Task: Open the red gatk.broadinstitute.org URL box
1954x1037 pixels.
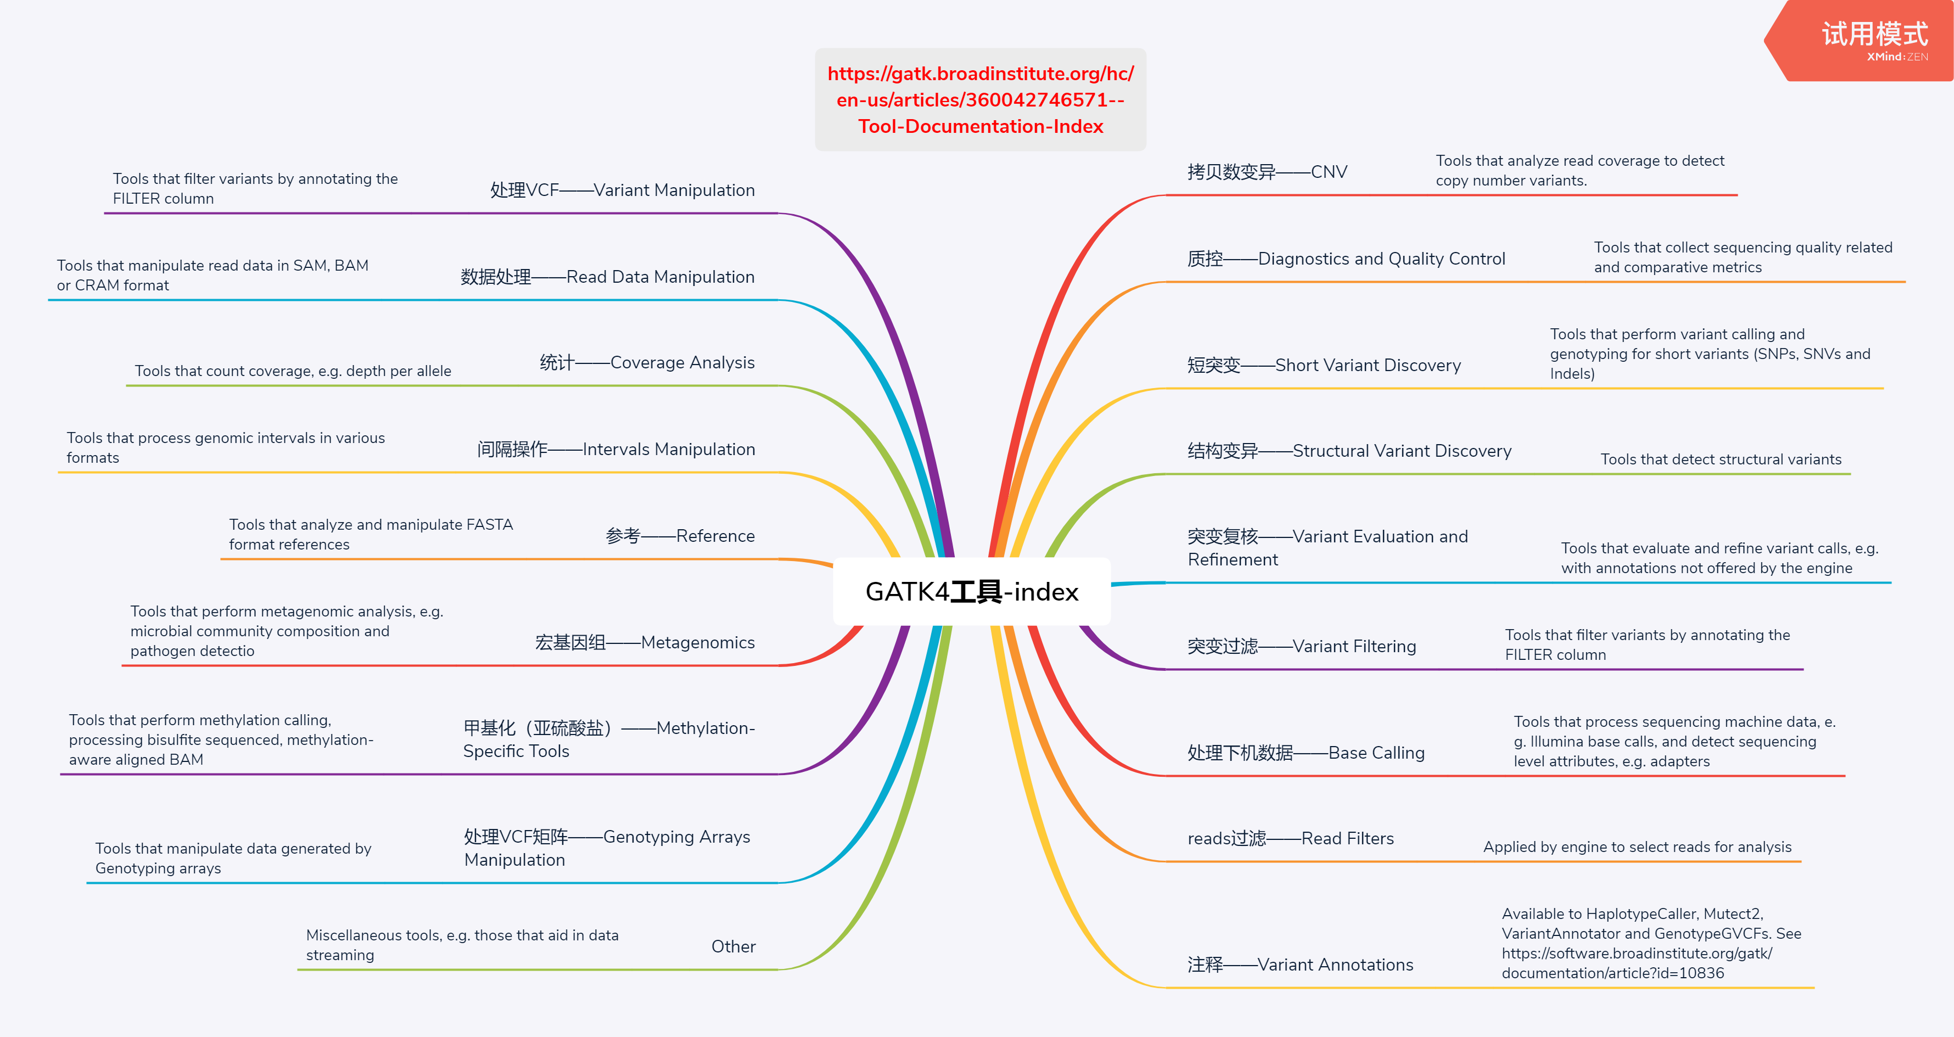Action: tap(980, 100)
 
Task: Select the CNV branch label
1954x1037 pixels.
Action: tap(1267, 172)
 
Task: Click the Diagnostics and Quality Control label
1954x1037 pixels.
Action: tap(1346, 260)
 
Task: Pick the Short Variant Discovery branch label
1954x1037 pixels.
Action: tap(1324, 366)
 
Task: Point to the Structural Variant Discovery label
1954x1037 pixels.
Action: tap(1348, 451)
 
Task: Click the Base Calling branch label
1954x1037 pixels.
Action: tap(1306, 753)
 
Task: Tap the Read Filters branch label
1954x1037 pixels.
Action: tap(1290, 838)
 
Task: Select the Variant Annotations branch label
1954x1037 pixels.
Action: tap(1300, 965)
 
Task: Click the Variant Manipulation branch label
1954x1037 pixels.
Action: tap(622, 190)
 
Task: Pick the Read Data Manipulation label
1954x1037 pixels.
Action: tap(607, 277)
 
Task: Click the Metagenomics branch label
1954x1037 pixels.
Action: tap(644, 642)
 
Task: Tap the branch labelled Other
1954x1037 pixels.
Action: tap(733, 947)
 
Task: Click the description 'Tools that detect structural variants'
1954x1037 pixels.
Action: tap(1720, 459)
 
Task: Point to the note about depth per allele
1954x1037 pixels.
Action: tap(293, 371)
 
